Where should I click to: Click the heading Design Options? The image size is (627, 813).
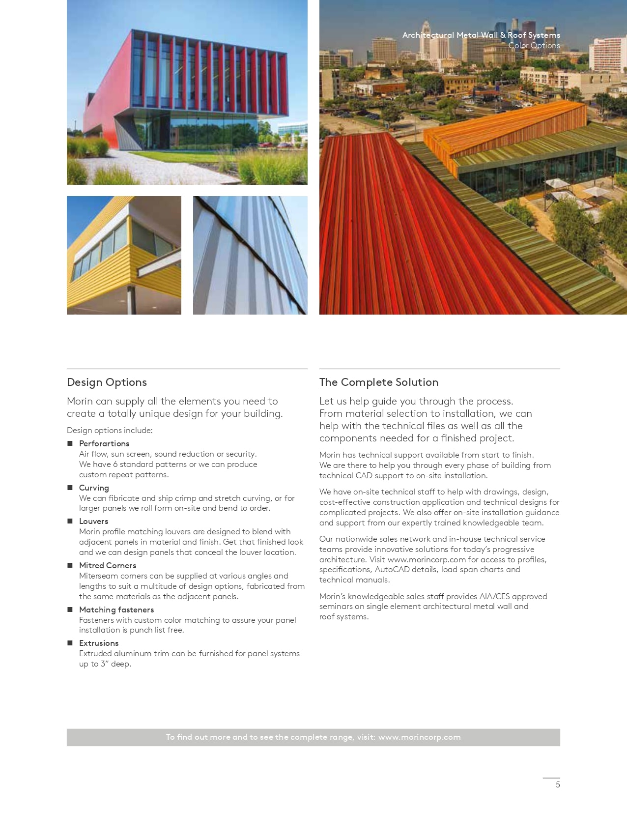point(107,382)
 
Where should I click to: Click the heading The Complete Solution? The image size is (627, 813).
point(378,382)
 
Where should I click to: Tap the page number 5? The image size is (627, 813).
point(558,784)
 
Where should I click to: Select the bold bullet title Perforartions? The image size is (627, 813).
point(104,443)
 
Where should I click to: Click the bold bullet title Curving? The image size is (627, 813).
point(94,488)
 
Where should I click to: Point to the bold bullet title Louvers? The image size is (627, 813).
point(93,521)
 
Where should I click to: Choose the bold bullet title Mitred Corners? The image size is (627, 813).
point(108,565)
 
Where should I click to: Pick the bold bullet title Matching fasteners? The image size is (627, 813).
point(116,610)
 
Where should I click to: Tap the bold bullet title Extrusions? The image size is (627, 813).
point(99,643)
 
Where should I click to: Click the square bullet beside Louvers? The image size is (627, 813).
point(70,521)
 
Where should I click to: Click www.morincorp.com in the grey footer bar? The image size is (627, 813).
point(419,737)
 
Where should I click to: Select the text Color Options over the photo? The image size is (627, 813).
point(534,46)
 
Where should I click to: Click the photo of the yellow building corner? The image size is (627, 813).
point(124,255)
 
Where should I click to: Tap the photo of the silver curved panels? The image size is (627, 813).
point(250,255)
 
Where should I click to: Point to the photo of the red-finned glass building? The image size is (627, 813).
point(187,92)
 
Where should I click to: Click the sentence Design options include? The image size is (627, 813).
point(110,430)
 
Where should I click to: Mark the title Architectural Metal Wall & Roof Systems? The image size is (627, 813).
point(481,35)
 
